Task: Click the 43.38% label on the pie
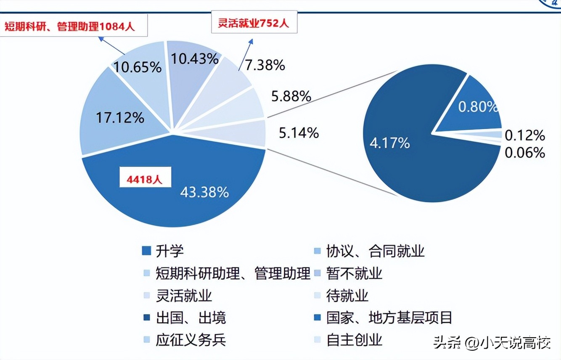204,192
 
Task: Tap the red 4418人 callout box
144,180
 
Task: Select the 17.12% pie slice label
120,117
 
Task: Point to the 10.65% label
138,67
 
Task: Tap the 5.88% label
291,96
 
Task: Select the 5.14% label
299,133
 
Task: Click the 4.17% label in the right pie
389,143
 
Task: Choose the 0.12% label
525,135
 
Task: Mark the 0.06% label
525,152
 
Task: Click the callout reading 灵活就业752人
254,22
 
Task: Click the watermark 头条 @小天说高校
492,343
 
